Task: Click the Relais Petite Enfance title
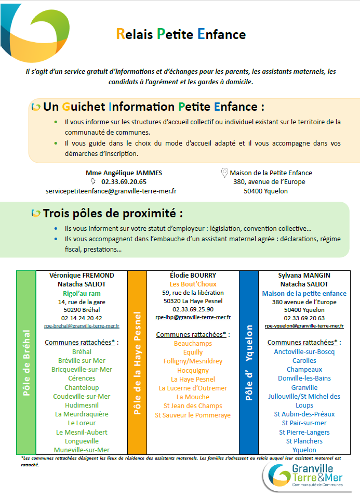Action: (x=181, y=35)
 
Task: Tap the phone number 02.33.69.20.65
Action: (x=124, y=182)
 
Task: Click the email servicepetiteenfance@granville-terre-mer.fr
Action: (x=111, y=191)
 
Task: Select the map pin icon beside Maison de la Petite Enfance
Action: (x=224, y=173)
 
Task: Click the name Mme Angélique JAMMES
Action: (x=124, y=173)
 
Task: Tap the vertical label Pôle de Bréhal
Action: (x=26, y=362)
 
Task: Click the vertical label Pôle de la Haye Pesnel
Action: (x=138, y=362)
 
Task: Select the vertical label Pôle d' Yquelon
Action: (x=248, y=362)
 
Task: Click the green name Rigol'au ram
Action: (x=82, y=293)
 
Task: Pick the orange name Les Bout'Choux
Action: (x=193, y=284)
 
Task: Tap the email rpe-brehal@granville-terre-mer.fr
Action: (x=82, y=326)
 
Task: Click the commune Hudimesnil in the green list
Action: (x=82, y=405)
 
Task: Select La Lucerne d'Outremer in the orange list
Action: (x=193, y=388)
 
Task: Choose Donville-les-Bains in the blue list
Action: (x=304, y=378)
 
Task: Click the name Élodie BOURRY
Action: (x=193, y=275)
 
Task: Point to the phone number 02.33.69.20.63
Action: (x=304, y=318)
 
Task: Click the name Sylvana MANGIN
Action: (x=304, y=275)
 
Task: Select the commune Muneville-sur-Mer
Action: (x=82, y=450)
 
